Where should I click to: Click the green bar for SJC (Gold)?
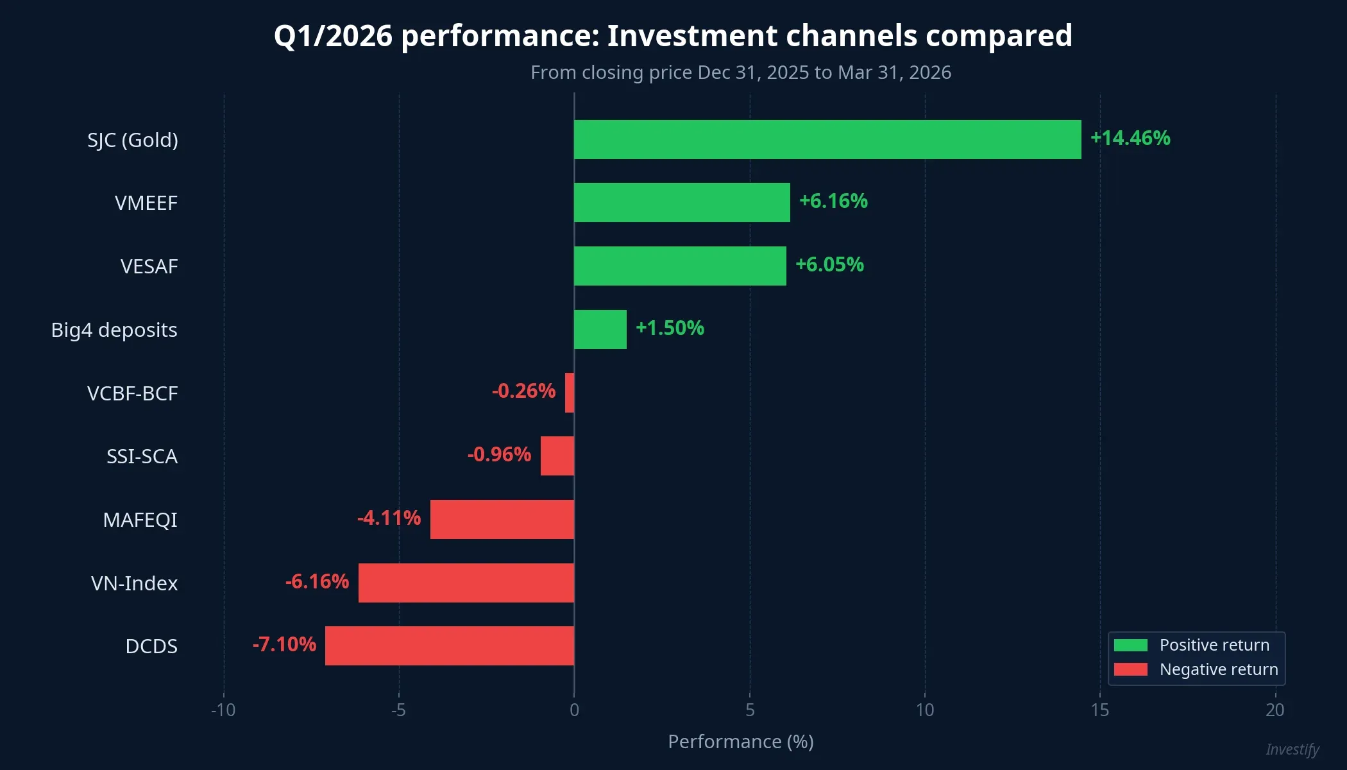click(827, 139)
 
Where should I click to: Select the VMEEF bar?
click(682, 202)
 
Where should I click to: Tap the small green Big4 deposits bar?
click(600, 329)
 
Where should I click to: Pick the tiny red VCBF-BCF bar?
click(570, 392)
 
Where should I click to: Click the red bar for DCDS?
click(449, 646)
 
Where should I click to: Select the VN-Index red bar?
click(466, 583)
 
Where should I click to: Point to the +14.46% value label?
click(1130, 138)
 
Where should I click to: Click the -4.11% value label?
click(389, 518)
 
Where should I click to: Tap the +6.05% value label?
click(829, 264)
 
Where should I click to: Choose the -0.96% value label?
click(499, 454)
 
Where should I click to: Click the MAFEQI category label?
click(140, 520)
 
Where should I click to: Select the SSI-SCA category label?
click(142, 456)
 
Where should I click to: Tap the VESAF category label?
click(149, 266)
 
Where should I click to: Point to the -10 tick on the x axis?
click(223, 710)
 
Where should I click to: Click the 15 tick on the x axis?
click(1099, 710)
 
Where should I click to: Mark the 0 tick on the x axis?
click(574, 710)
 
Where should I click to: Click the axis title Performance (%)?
click(740, 742)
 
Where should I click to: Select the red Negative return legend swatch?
click(1130, 669)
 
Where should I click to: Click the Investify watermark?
click(1292, 749)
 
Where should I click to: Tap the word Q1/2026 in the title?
click(332, 36)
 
